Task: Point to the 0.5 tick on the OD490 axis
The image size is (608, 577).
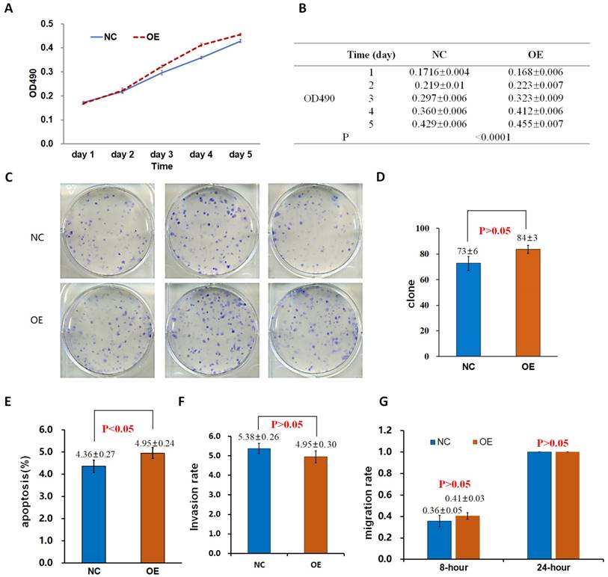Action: [46, 24]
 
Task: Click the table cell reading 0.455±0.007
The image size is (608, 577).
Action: [534, 123]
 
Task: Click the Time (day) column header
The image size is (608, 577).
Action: [371, 55]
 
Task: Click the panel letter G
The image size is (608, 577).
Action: [384, 401]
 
